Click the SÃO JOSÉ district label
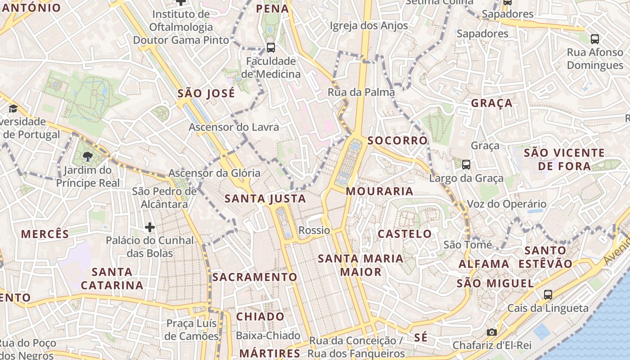[x=206, y=94]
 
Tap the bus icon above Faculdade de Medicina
[x=270, y=47]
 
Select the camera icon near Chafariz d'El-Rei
[x=492, y=332]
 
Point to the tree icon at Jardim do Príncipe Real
[x=88, y=157]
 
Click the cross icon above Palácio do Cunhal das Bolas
[x=150, y=227]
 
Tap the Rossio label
[x=314, y=230]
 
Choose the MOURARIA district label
[x=379, y=191]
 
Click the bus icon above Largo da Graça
[x=466, y=165]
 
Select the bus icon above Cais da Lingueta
[x=548, y=295]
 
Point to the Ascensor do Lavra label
[x=234, y=127]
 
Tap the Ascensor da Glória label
[x=214, y=173]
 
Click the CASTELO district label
[x=405, y=234]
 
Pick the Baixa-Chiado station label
[x=268, y=336]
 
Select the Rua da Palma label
[x=361, y=92]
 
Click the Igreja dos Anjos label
[x=369, y=26]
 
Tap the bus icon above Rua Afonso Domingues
[x=594, y=39]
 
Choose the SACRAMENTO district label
[x=255, y=277]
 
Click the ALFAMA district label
[x=484, y=264]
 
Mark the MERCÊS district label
[x=45, y=234]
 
